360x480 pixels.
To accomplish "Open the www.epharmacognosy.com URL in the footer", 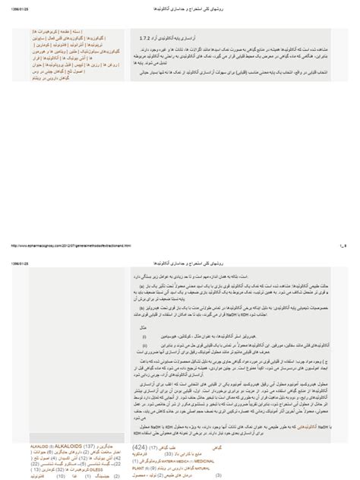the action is tap(76, 245).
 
